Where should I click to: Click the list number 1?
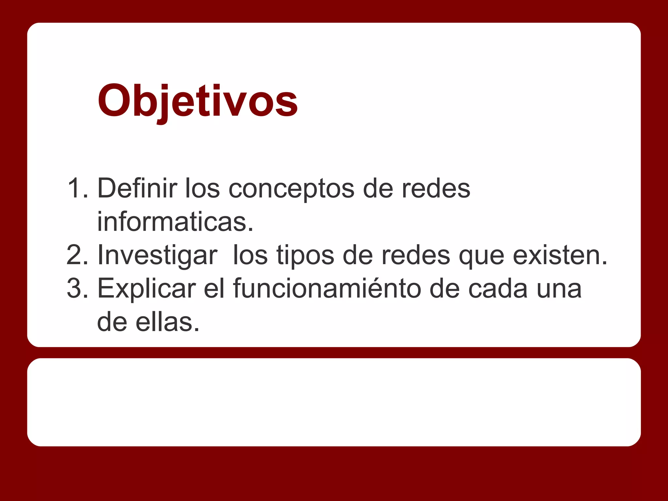pos(77,188)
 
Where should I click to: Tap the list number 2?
pos(77,255)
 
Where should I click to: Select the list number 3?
pos(77,288)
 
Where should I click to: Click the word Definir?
pos(137,188)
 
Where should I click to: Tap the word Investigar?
pos(157,255)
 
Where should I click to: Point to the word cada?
pos(498,288)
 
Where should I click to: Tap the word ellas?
pos(167,322)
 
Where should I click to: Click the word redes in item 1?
pos(436,188)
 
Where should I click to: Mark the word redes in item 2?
pos(416,255)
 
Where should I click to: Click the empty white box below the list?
pos(334,402)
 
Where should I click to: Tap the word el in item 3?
pos(214,288)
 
